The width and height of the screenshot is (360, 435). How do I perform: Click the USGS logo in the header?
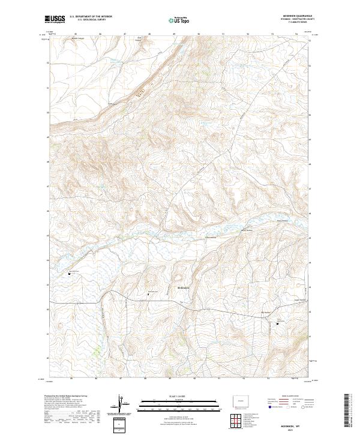[55, 19]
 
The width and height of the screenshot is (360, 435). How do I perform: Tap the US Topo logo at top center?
[177, 20]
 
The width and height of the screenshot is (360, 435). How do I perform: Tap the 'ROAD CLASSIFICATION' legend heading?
[287, 396]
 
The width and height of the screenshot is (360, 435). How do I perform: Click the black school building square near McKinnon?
[148, 295]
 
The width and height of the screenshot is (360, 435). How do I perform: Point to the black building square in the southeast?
[277, 324]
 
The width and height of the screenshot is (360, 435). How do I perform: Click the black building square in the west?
[69, 274]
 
